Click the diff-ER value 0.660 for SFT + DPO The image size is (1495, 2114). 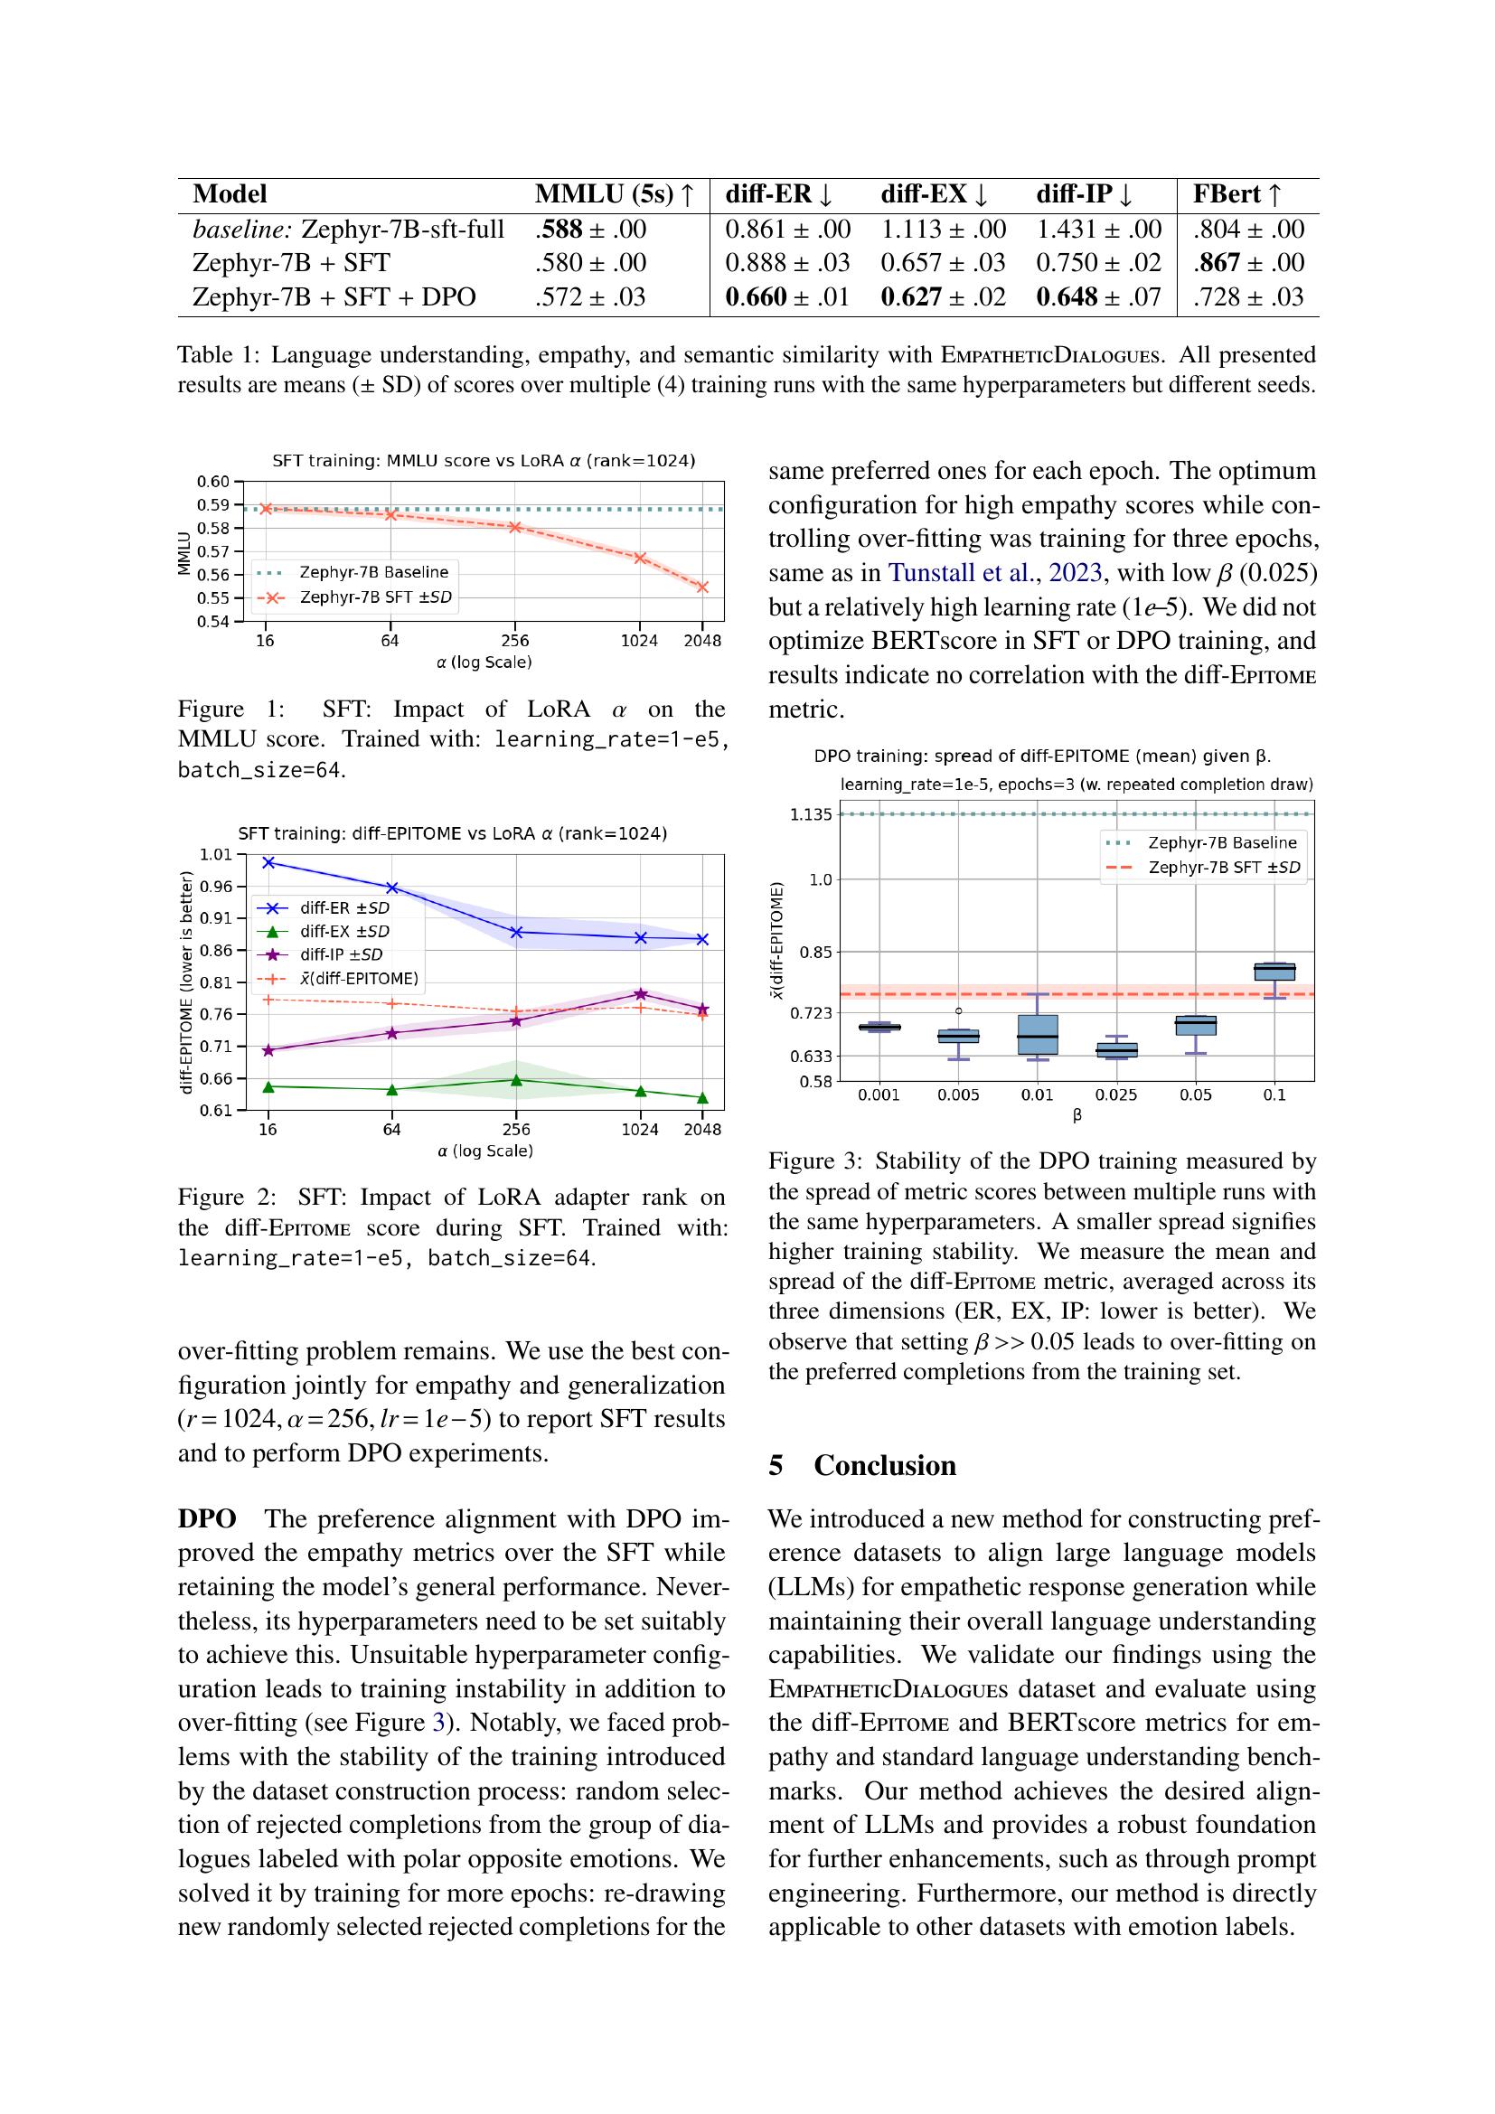(756, 297)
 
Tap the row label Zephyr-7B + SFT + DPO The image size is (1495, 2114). (334, 297)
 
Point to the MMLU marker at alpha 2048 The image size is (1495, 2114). (702, 587)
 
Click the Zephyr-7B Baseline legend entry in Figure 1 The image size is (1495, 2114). (374, 572)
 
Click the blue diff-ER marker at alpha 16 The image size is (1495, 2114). (268, 862)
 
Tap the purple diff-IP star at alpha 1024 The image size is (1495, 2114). (640, 994)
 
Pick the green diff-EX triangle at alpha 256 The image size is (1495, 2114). (516, 1080)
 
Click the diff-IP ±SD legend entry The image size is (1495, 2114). (341, 954)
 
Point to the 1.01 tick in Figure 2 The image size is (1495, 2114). (217, 854)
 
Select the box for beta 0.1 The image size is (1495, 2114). (1274, 972)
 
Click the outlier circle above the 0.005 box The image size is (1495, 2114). (958, 1011)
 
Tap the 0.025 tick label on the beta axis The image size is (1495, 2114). (1115, 1095)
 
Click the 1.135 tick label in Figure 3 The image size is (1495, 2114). (810, 815)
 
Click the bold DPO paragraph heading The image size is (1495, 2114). (207, 1519)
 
